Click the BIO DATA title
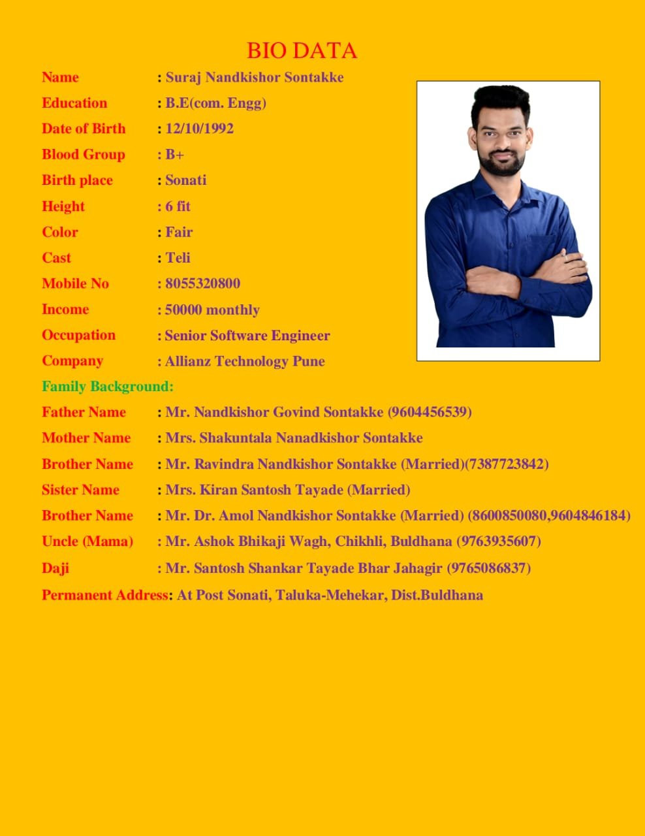point(302,50)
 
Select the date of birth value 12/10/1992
point(199,129)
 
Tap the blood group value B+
point(174,155)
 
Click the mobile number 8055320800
point(202,283)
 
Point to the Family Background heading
point(108,387)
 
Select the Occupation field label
point(78,335)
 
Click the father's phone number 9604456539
point(430,412)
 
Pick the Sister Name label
point(80,490)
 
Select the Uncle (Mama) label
point(87,541)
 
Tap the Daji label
point(55,568)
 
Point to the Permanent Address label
point(104,595)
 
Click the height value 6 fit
point(178,206)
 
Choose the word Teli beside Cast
point(178,258)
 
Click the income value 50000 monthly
point(212,310)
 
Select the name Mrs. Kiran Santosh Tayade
point(255,490)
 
